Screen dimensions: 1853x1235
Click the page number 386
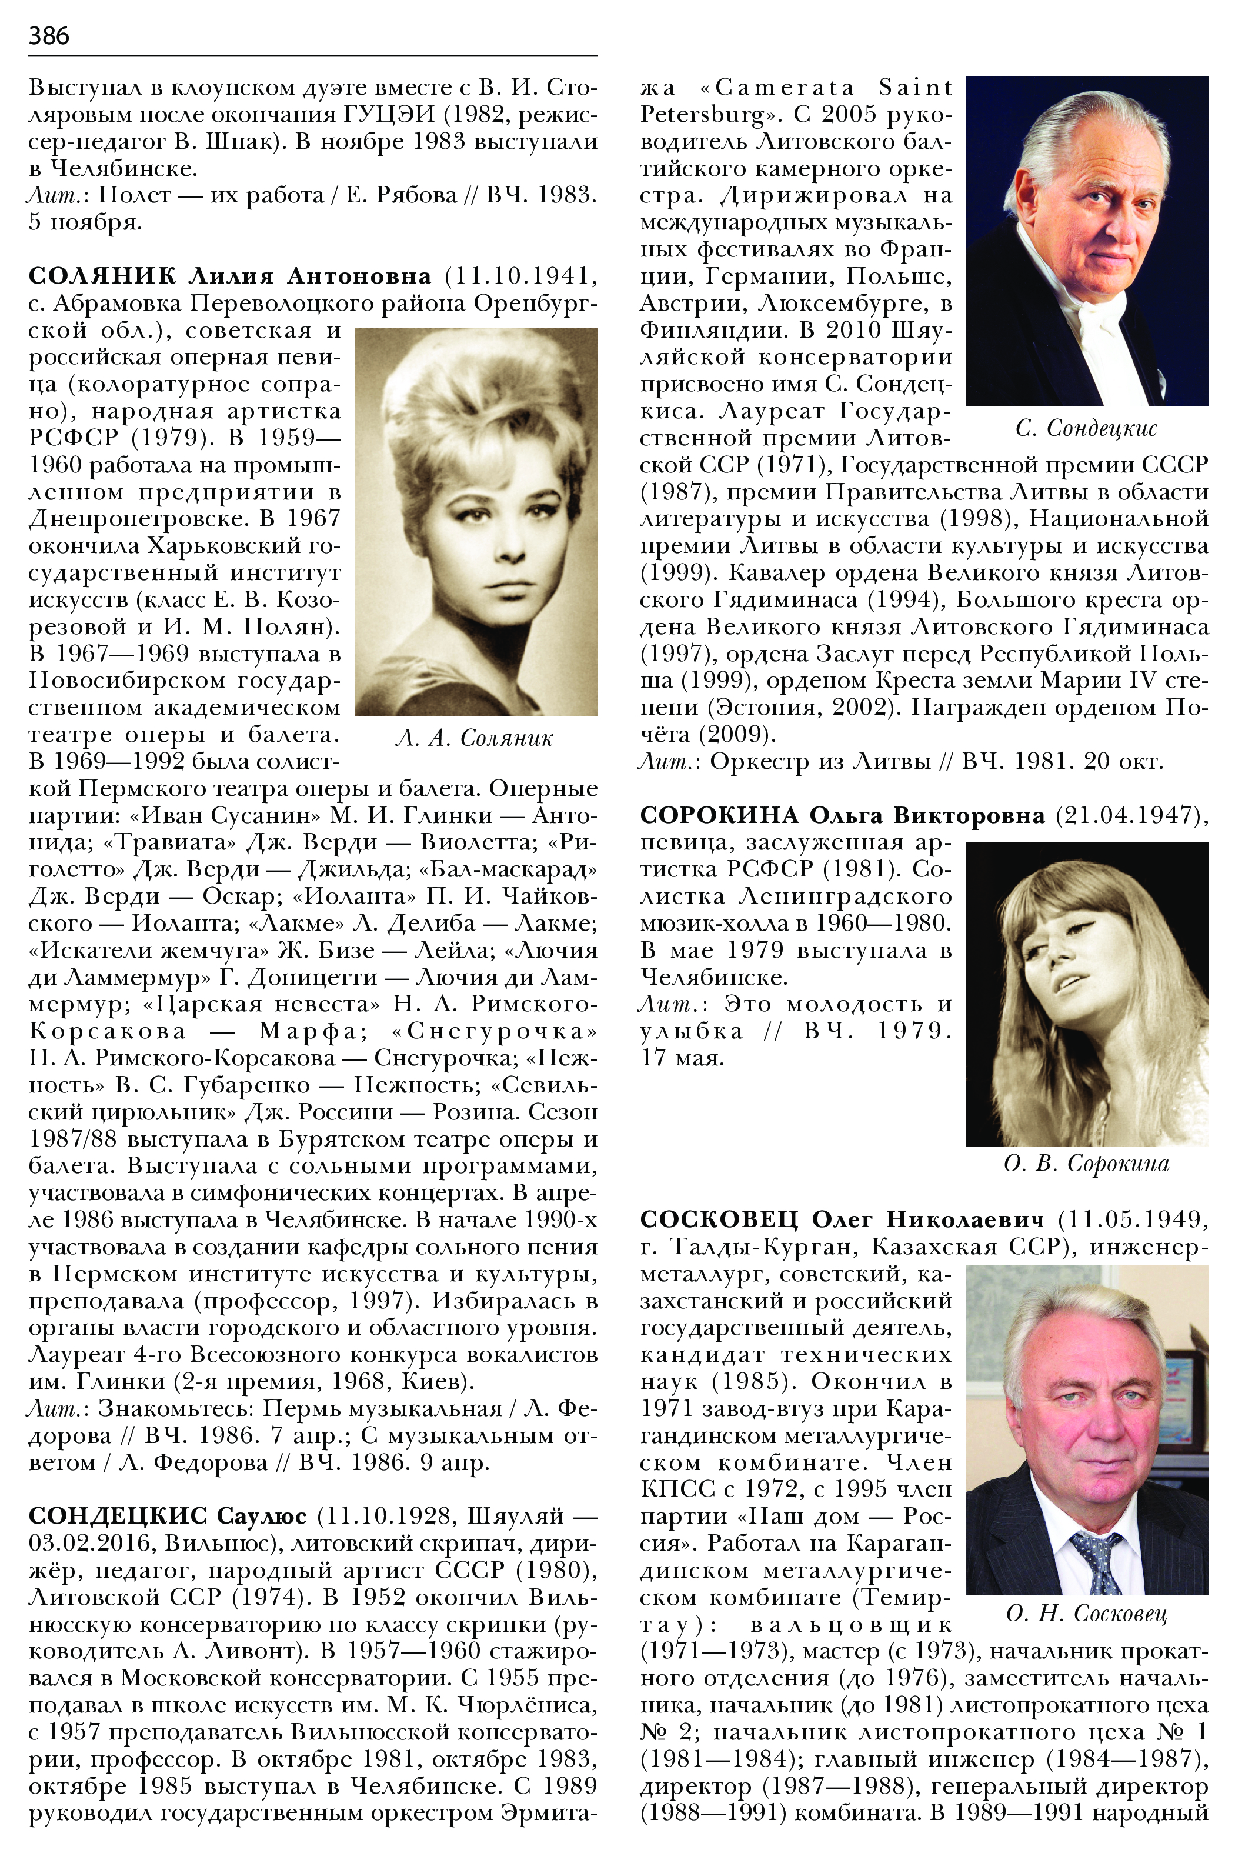click(x=49, y=35)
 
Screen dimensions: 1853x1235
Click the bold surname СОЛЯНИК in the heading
click(x=102, y=276)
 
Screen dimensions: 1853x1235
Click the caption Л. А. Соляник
click(x=475, y=738)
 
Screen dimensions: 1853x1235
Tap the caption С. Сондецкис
click(x=1086, y=428)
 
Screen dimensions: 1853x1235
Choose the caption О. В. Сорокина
click(x=1086, y=1163)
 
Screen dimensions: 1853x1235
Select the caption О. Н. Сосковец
click(x=1086, y=1613)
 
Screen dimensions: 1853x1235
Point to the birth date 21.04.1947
click(x=1128, y=815)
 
